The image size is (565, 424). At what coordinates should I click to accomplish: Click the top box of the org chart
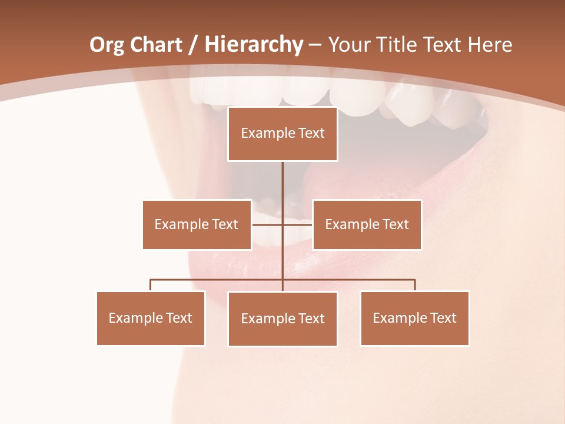pyautogui.click(x=282, y=134)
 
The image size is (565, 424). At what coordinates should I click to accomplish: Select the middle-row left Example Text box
pyautogui.click(x=197, y=224)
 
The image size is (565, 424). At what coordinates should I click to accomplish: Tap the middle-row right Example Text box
pyautogui.click(x=367, y=224)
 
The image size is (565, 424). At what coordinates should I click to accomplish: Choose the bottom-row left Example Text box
pyautogui.click(x=151, y=318)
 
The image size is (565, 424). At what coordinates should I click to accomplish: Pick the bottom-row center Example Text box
pyautogui.click(x=282, y=319)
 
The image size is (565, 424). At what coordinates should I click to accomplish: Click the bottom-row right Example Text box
pyautogui.click(x=414, y=318)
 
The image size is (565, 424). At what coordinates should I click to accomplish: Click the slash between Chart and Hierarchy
pyautogui.click(x=193, y=45)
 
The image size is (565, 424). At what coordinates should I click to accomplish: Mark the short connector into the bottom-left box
pyautogui.click(x=151, y=285)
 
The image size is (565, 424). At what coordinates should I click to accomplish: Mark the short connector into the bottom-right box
pyautogui.click(x=415, y=285)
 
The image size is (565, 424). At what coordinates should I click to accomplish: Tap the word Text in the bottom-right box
pyautogui.click(x=442, y=318)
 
